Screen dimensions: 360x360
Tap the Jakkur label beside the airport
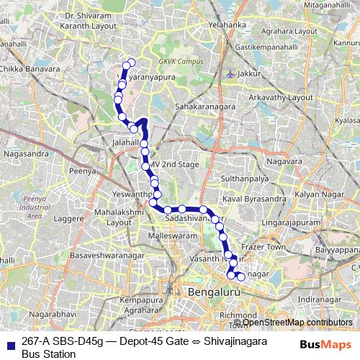[x=251, y=73]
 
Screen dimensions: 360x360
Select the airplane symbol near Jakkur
[x=230, y=73]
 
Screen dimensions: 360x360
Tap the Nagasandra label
[x=25, y=153]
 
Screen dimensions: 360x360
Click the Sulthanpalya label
[x=245, y=176]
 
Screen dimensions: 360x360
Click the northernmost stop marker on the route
[x=131, y=61]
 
